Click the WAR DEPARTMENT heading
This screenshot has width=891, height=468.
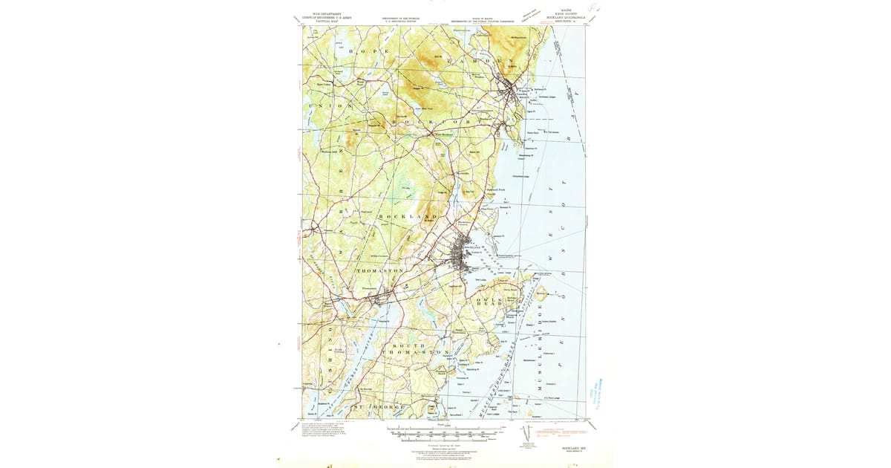pos(331,16)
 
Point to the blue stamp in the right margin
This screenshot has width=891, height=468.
pos(594,393)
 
